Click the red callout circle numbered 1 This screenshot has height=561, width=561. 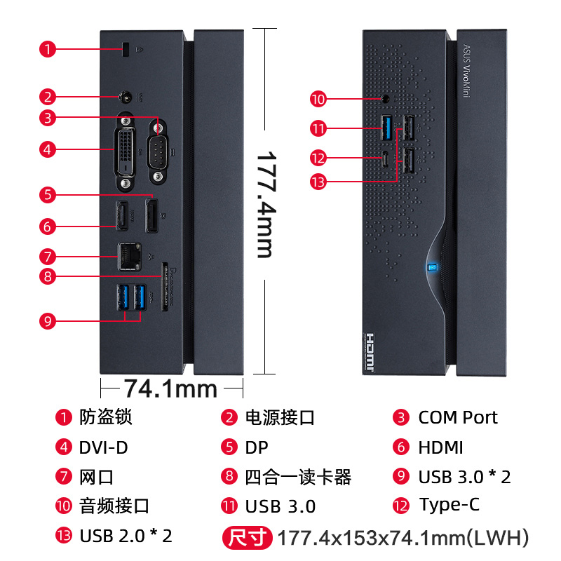47,49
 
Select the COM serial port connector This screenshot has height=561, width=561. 158,142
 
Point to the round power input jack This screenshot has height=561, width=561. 127,97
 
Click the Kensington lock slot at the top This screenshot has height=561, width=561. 126,50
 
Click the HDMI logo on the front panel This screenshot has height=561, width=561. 372,351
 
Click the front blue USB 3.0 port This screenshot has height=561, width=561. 386,127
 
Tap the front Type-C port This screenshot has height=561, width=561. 386,157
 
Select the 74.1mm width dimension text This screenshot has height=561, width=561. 170,387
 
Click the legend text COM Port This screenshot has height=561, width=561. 457,417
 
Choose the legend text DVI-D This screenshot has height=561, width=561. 103,447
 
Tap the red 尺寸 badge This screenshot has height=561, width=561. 248,538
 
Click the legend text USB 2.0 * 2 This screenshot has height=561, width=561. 126,536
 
